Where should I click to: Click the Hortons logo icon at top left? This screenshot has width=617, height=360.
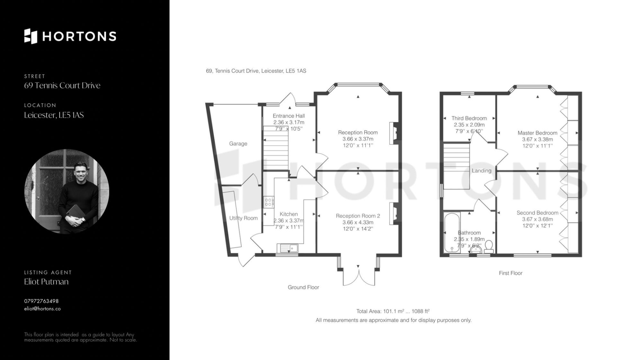click(31, 36)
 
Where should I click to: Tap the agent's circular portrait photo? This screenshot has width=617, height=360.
click(67, 191)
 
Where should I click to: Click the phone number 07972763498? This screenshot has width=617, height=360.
click(41, 301)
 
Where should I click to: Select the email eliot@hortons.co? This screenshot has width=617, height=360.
click(42, 309)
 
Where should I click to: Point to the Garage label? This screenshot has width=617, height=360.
click(238, 143)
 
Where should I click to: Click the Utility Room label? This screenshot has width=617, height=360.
click(244, 218)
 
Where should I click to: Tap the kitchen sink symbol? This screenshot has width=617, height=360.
click(288, 248)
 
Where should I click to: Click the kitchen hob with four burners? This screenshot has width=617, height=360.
click(268, 202)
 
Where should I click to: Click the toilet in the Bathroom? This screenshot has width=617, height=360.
click(489, 246)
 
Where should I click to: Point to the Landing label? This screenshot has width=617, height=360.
click(481, 171)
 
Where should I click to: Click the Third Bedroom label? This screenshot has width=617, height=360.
click(469, 118)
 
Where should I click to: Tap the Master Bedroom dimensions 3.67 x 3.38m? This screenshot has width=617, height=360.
click(538, 139)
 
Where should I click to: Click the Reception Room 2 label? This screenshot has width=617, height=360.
click(358, 216)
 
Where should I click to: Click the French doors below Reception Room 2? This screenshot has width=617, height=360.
click(359, 275)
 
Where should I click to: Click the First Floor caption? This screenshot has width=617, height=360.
click(511, 273)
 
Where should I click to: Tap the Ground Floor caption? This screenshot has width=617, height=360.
click(303, 287)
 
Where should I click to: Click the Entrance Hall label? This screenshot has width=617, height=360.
click(289, 116)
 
